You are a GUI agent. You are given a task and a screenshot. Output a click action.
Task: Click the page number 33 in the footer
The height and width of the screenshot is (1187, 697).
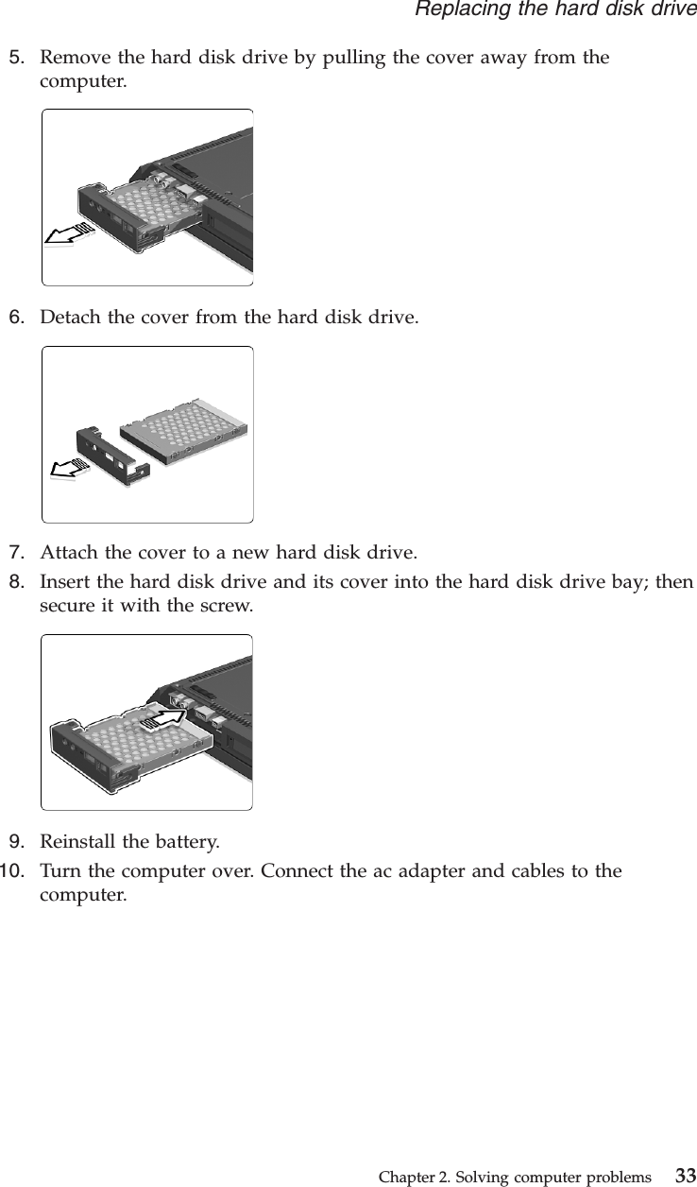pyautogui.click(x=684, y=1177)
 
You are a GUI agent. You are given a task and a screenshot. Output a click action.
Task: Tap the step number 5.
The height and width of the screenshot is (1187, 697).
pyautogui.click(x=16, y=58)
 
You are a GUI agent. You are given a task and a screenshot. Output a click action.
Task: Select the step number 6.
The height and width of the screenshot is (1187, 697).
pyautogui.click(x=16, y=316)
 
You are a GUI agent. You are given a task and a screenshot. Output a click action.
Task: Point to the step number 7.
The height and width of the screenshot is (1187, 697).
pyautogui.click(x=16, y=552)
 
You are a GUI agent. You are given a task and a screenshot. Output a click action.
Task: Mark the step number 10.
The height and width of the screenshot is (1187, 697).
pyautogui.click(x=12, y=869)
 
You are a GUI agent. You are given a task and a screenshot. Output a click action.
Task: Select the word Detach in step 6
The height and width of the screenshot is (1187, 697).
pyautogui.click(x=70, y=316)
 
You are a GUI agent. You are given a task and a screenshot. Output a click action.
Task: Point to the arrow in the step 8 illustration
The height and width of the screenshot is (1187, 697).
pyautogui.click(x=165, y=719)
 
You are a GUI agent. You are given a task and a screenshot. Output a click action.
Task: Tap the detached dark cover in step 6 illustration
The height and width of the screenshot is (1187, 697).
pyautogui.click(x=113, y=455)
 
